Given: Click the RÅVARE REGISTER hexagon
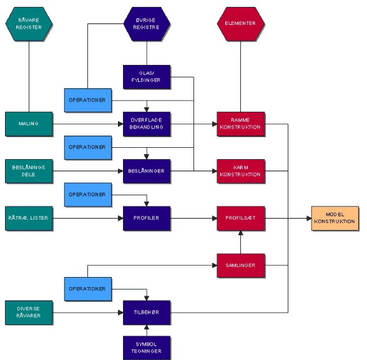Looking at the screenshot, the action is click(x=29, y=24).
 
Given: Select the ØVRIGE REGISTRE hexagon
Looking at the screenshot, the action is click(x=147, y=24).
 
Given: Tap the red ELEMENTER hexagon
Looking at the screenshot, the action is click(x=241, y=24).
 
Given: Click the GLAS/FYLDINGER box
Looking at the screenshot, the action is click(x=147, y=77).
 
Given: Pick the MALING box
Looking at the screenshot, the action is click(x=29, y=124).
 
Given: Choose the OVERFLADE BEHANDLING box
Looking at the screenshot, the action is click(x=147, y=124).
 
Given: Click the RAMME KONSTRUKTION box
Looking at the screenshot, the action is click(x=241, y=124).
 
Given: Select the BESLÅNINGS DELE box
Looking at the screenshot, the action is click(x=29, y=171).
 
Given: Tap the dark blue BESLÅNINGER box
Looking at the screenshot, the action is click(x=147, y=171).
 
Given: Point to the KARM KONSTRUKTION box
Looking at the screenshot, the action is click(x=241, y=171).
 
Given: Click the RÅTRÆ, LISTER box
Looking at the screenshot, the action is click(x=29, y=218).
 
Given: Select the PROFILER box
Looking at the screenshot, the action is click(x=147, y=218).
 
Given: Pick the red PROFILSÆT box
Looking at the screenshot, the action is click(x=241, y=218).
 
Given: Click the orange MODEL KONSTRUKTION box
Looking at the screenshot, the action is click(x=335, y=218).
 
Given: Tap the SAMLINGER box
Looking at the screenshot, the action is click(x=241, y=266).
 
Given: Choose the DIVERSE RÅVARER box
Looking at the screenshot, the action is click(x=29, y=313).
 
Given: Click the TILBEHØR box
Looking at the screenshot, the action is click(x=147, y=313).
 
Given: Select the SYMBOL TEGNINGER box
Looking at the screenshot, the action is click(x=147, y=348).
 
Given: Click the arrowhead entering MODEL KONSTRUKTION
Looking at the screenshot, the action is click(x=309, y=218).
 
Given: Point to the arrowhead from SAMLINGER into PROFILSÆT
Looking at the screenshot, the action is click(x=241, y=233).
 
